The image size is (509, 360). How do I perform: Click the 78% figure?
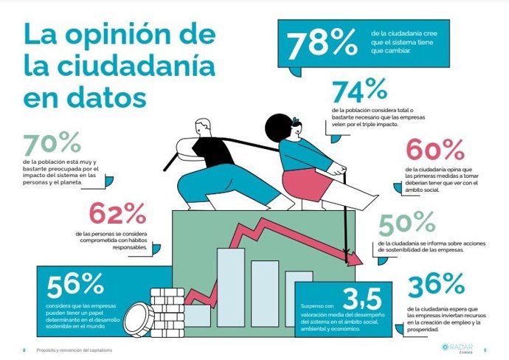click(322, 45)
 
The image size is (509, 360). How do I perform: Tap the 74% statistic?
click(359, 91)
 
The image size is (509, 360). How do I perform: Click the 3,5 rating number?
click(361, 298)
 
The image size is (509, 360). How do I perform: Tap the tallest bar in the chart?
click(231, 277)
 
